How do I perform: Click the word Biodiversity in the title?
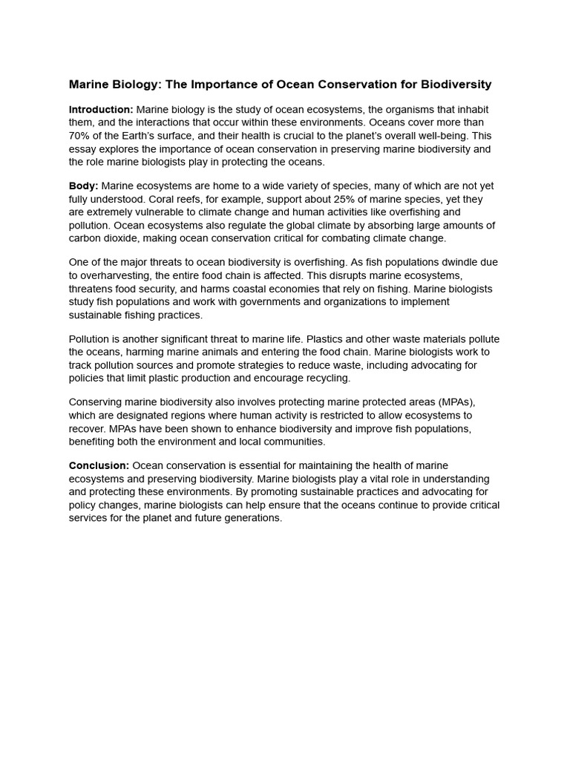tap(455, 85)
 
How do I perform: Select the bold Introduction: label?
tap(101, 110)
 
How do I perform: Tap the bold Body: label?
tap(84, 186)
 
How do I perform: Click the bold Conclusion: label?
tap(99, 466)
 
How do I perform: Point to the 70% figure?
tap(80, 136)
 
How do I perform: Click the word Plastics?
tap(335, 339)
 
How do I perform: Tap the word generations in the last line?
tap(254, 518)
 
